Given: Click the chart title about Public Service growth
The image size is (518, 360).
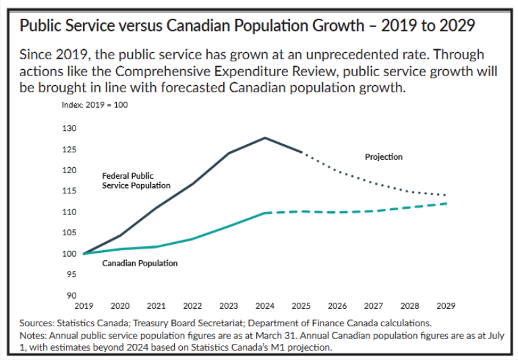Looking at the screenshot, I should click(247, 26).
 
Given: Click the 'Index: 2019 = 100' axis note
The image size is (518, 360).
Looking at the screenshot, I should click(99, 105).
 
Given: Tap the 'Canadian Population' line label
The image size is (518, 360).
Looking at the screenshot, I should click(140, 263).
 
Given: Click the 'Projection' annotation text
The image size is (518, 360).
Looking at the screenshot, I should click(383, 156).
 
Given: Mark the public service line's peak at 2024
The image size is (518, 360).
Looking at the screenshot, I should click(264, 138).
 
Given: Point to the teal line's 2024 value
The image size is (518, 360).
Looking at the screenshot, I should click(264, 212).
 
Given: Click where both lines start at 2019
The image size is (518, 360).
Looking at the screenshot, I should click(84, 253).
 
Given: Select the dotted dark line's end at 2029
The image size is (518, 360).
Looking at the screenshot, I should click(446, 196).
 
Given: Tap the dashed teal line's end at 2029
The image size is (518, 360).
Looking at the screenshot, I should click(446, 204).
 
